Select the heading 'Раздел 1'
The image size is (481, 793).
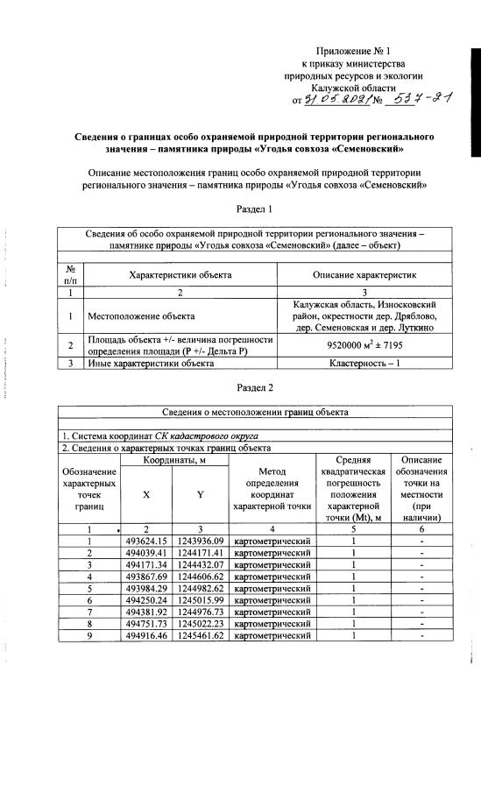click(x=256, y=209)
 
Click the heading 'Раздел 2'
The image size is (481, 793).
click(x=256, y=386)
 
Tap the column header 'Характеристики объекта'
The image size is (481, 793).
click(x=180, y=275)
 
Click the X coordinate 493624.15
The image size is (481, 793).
click(x=146, y=541)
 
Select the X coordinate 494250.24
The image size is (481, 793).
click(x=146, y=599)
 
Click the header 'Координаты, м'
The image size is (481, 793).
click(x=173, y=460)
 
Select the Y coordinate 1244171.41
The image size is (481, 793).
click(x=200, y=553)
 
